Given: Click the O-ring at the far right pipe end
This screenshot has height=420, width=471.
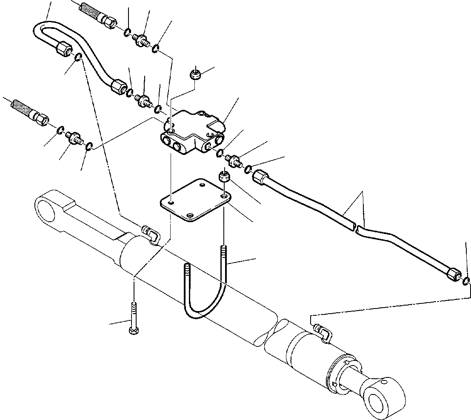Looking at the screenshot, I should (x=466, y=281).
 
